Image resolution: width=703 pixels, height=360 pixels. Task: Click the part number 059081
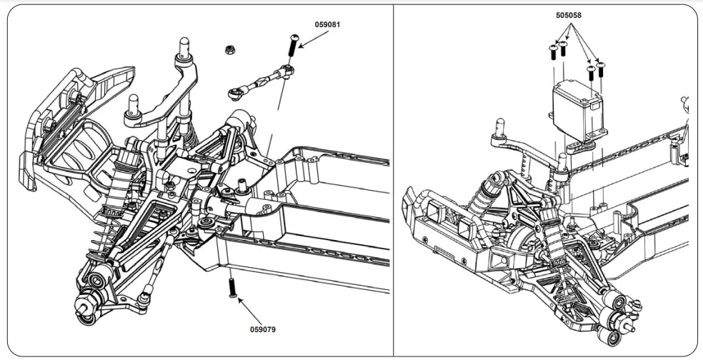[327, 24]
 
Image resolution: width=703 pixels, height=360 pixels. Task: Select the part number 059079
[263, 330]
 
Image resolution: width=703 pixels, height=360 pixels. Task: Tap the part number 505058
[569, 14]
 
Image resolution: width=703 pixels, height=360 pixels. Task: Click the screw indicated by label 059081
[292, 48]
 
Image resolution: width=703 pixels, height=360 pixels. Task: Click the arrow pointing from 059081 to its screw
[311, 39]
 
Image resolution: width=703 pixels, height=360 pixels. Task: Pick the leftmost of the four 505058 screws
[552, 51]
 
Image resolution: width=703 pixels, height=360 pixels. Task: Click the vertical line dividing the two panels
[394, 179]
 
